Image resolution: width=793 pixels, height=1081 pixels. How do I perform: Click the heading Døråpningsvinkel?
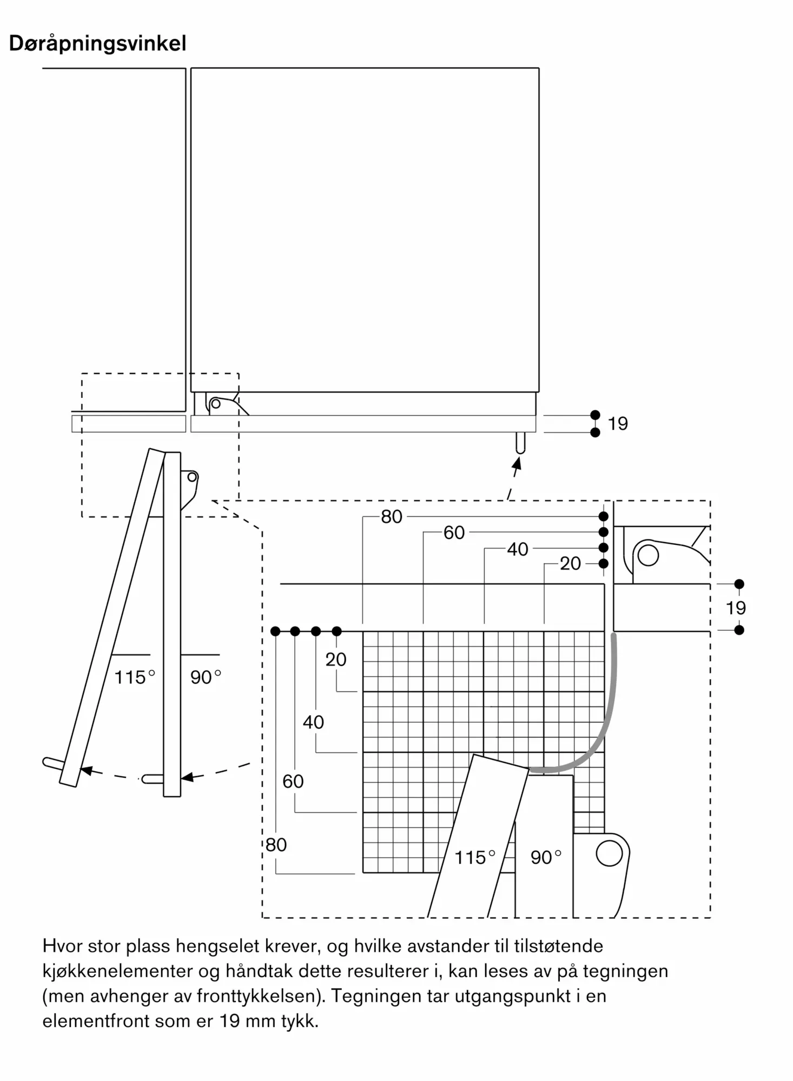click(x=98, y=44)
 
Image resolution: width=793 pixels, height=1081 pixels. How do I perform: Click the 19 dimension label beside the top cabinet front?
click(x=618, y=424)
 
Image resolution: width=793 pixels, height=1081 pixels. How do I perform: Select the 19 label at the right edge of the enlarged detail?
click(x=736, y=608)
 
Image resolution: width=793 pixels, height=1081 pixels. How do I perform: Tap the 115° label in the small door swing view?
click(x=135, y=677)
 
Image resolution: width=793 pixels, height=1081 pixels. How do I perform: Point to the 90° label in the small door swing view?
click(x=206, y=677)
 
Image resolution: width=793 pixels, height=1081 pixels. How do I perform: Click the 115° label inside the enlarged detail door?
click(x=475, y=857)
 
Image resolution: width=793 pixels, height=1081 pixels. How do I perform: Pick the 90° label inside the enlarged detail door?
click(x=546, y=857)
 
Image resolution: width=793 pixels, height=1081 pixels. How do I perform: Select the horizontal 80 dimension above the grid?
click(x=392, y=517)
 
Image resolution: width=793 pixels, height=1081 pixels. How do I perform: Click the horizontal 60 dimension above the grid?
click(x=454, y=533)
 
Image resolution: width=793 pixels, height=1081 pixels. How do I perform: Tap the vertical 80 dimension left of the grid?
click(x=276, y=844)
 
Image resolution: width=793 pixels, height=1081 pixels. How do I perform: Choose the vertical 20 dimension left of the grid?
click(x=336, y=659)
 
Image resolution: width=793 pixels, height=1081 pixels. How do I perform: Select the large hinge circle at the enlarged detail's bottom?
click(x=610, y=853)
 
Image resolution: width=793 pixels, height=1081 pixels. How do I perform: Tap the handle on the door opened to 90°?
click(x=153, y=779)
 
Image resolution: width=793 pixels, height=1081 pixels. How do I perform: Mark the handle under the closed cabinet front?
click(x=520, y=443)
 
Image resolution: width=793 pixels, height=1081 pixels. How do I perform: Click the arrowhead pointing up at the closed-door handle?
click(x=517, y=463)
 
